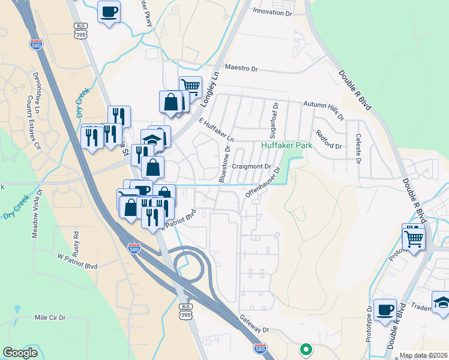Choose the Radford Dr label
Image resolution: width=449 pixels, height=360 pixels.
328,140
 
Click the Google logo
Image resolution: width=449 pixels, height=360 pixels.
20,353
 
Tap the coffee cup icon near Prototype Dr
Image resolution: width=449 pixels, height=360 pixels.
385,310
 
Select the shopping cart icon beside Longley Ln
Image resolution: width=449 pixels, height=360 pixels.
190,86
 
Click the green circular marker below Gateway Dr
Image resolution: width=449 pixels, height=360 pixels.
306,349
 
